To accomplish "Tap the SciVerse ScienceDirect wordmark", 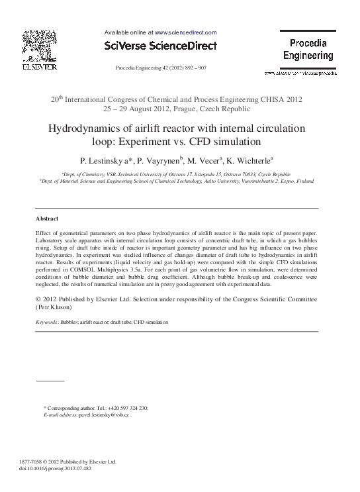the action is point(161,44).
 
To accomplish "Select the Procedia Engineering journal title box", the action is point(308,50).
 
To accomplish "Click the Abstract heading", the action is point(47,219).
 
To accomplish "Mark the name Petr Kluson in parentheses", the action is point(54,308).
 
